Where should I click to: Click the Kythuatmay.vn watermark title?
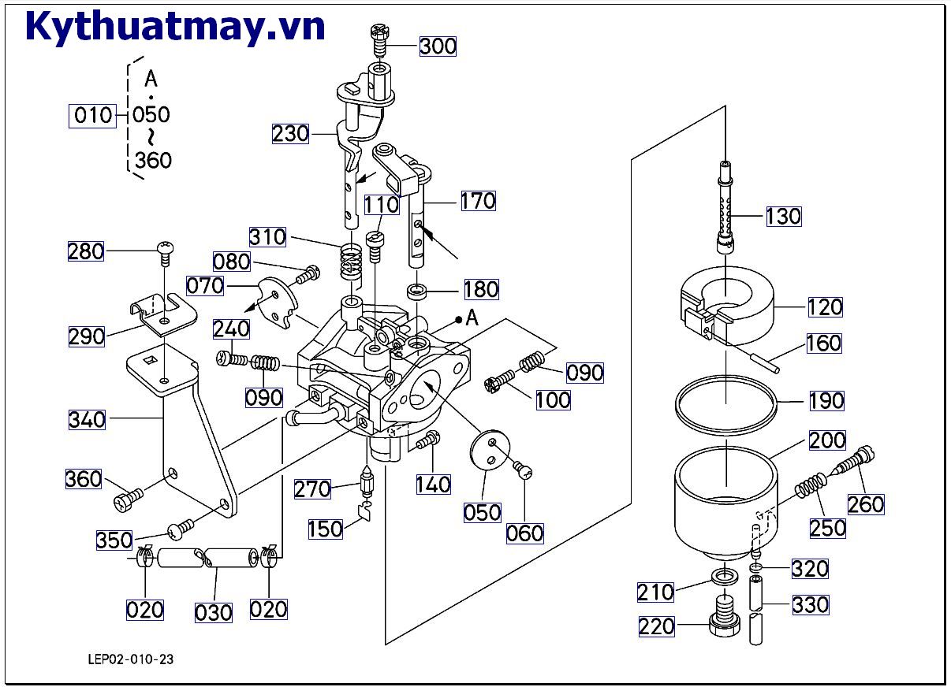tap(175, 27)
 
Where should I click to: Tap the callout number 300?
tap(437, 46)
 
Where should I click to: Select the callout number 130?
tap(783, 216)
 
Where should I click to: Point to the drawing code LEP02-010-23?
tap(131, 659)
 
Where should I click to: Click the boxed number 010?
tap(92, 116)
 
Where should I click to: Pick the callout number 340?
tap(87, 419)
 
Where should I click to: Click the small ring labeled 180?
tap(417, 295)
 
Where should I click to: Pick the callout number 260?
tap(866, 503)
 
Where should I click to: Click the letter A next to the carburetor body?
tap(472, 318)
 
